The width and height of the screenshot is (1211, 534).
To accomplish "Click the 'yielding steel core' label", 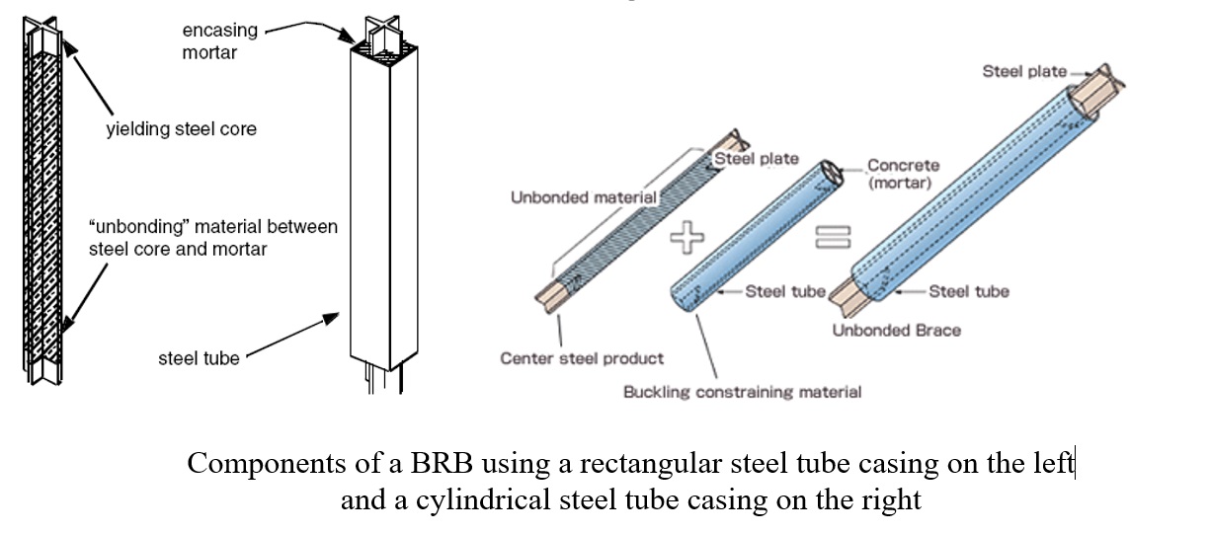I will [181, 129].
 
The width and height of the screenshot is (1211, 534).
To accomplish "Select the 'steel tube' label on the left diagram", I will [199, 358].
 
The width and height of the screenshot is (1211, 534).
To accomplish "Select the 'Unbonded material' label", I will [584, 197].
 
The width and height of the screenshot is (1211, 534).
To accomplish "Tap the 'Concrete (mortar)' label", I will [903, 174].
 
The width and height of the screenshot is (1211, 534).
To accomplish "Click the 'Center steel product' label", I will [582, 358].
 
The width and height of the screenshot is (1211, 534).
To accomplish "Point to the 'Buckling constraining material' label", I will [742, 392].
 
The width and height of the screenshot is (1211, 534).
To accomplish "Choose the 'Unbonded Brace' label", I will [897, 331].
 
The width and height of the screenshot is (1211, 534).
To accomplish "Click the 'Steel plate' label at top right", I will [1024, 71].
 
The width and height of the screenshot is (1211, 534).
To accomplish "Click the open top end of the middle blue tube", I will [832, 174].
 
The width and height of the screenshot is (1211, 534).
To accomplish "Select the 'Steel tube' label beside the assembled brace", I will [969, 291].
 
